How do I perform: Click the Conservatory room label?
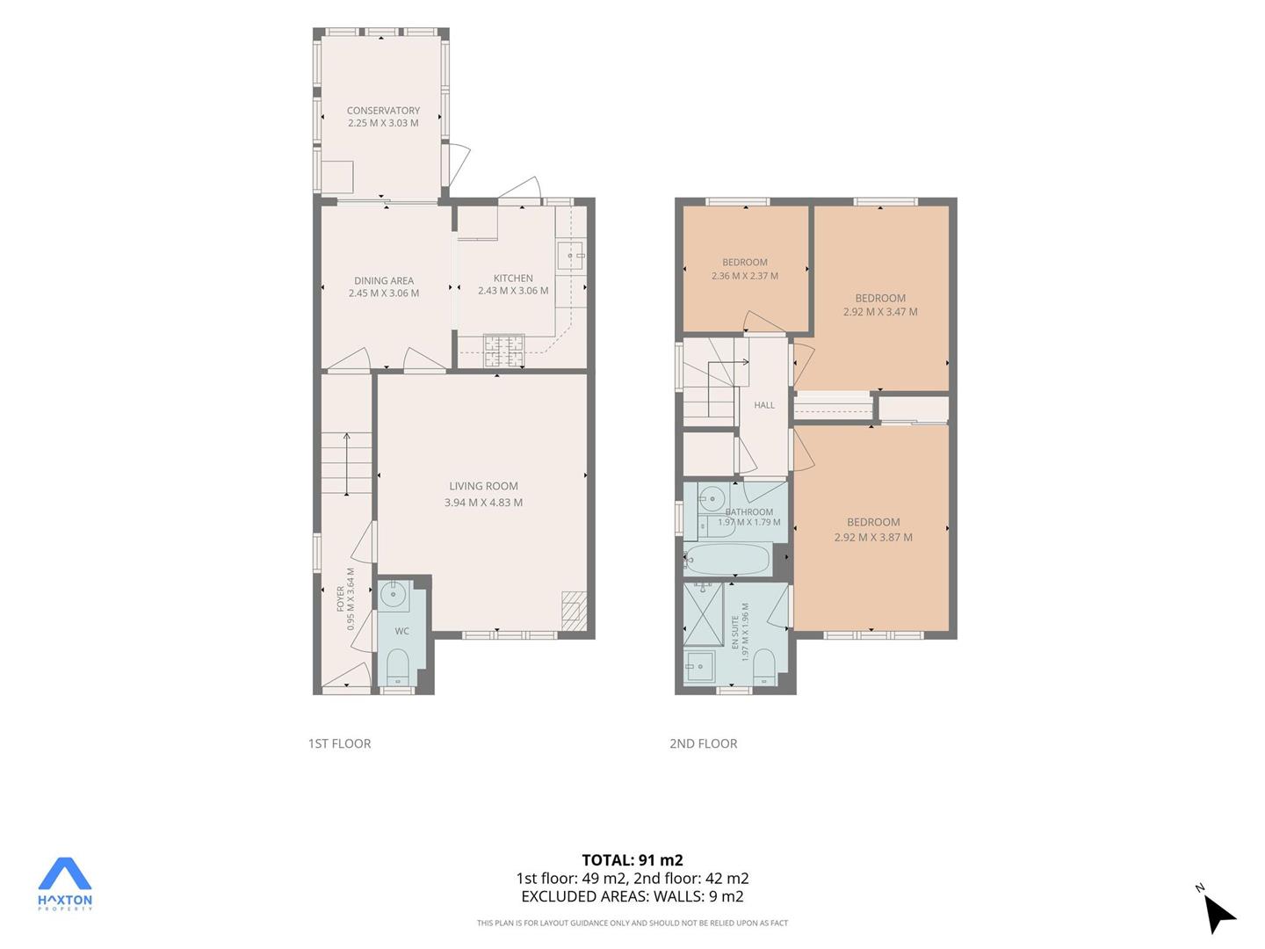click(383, 110)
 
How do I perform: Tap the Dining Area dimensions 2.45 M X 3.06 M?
click(384, 293)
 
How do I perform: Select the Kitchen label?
click(513, 279)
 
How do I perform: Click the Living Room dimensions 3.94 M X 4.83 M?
click(483, 503)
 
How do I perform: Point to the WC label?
click(401, 631)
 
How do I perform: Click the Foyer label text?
click(340, 598)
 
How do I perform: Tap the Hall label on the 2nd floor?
click(764, 405)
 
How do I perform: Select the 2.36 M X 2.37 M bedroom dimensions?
click(745, 276)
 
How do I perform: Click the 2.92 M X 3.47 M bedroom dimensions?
click(880, 312)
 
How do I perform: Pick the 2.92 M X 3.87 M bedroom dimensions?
click(873, 537)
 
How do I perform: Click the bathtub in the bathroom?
click(727, 559)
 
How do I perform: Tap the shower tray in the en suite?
click(703, 614)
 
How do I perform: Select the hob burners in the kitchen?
click(504, 351)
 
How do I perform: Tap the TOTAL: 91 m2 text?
click(632, 860)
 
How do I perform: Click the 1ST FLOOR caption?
click(339, 744)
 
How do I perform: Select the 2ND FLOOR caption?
click(703, 744)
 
